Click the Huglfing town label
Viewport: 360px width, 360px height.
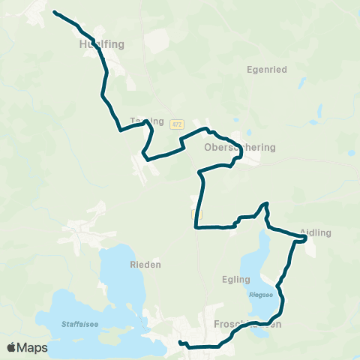(100, 44)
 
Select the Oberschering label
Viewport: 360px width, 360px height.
(240, 148)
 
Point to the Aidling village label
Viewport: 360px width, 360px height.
(315, 233)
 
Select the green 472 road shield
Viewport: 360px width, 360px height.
(176, 124)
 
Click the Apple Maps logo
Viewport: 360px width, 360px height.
(28, 347)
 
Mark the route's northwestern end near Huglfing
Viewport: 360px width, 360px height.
(55, 12)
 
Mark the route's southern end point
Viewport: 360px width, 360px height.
(180, 343)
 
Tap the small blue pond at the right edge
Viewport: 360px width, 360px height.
(351, 153)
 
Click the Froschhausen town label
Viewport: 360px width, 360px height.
(247, 325)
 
